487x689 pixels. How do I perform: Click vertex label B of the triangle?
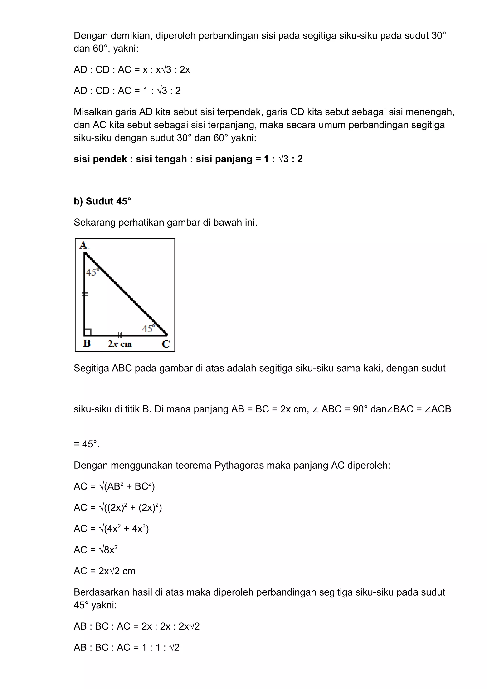[x=87, y=343]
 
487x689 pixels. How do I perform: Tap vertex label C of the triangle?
[x=166, y=344]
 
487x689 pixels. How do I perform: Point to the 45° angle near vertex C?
[x=148, y=329]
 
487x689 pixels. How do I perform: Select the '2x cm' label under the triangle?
[x=120, y=344]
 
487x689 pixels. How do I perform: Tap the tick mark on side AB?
[x=85, y=294]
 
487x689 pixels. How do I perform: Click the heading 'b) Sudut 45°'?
[x=102, y=201]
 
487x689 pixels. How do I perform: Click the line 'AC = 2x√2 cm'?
[x=104, y=571]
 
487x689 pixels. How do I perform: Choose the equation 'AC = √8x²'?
[x=95, y=549]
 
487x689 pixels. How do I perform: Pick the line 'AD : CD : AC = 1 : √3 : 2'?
[x=127, y=91]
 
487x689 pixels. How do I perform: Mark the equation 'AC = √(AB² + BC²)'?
[x=114, y=486]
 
